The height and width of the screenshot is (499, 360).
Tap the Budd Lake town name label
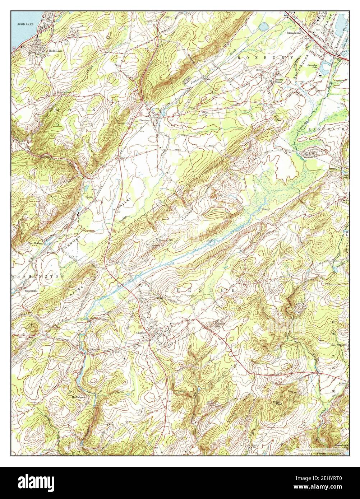[54, 51]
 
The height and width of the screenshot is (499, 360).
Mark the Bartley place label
[89, 197]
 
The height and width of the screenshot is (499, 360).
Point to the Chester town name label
[141, 333]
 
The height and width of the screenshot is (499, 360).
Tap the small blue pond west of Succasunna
[264, 27]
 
